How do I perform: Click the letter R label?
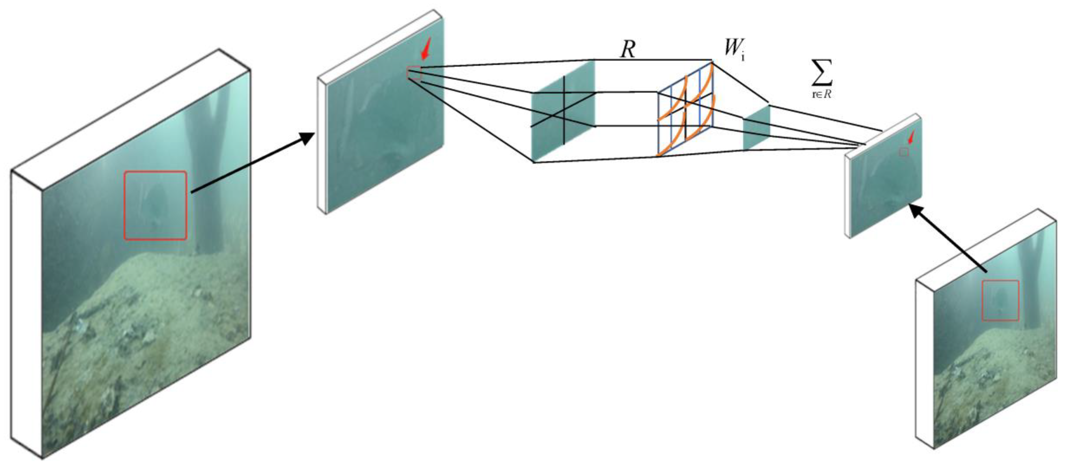click(x=627, y=50)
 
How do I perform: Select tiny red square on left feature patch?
click(x=414, y=73)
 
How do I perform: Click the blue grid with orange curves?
click(x=685, y=110)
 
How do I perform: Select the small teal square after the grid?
click(x=756, y=127)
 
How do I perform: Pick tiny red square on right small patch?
click(x=904, y=152)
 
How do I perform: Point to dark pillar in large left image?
click(x=207, y=165)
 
